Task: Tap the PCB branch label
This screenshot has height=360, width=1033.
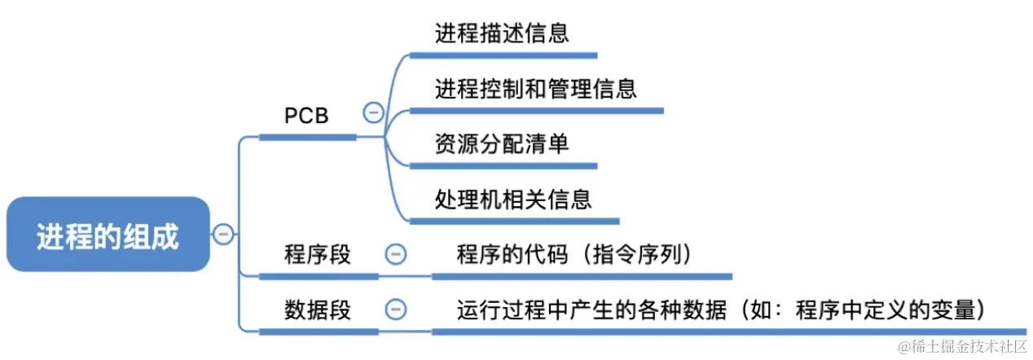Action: (x=307, y=116)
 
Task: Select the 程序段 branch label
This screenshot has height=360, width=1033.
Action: (x=318, y=254)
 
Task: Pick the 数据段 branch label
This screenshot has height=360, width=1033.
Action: (x=318, y=310)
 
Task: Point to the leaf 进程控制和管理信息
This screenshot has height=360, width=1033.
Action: (x=536, y=88)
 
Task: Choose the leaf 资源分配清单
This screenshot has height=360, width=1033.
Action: (x=501, y=143)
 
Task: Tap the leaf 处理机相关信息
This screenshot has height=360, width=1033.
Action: (x=513, y=198)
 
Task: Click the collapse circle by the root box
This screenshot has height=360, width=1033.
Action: (x=223, y=235)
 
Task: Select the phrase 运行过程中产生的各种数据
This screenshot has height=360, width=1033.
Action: (x=591, y=310)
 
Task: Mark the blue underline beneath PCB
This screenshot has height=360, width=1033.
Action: (x=307, y=137)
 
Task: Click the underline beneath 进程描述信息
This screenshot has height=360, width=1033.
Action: (x=503, y=55)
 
